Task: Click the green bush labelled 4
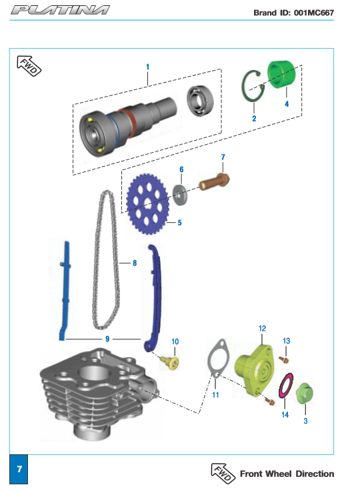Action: [x=281, y=74]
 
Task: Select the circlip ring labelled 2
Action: [x=244, y=86]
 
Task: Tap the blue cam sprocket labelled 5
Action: [x=148, y=204]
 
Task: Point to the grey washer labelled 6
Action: [x=180, y=195]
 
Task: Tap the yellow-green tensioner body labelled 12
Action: [x=254, y=370]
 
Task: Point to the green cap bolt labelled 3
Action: [x=304, y=393]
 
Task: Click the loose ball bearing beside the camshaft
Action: [x=200, y=101]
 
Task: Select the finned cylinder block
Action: [x=100, y=394]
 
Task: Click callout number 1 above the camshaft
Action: [x=148, y=67]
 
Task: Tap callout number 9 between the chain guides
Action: [x=107, y=339]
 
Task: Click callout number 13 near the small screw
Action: [x=286, y=341]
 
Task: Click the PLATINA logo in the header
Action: [x=60, y=10]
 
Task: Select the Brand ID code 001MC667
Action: [x=314, y=13]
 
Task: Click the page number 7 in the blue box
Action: [x=19, y=469]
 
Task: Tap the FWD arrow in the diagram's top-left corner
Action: [x=29, y=66]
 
